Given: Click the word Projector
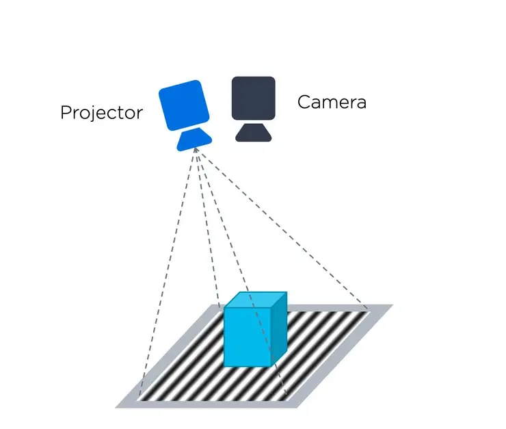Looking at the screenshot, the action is (101, 113).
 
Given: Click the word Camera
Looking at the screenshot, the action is (332, 102).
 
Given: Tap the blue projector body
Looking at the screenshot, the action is (184, 105).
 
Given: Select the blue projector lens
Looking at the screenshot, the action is (194, 139).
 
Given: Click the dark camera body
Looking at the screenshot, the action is (253, 98).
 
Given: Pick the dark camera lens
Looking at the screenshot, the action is (253, 132).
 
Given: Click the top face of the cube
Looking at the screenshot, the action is (255, 300).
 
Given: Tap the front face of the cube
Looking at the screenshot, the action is (248, 337).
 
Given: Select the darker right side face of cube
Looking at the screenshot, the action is (279, 328).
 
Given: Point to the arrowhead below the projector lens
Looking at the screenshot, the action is (196, 150).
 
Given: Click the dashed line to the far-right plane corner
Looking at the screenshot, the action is (281, 228).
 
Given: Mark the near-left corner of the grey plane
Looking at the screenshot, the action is (116, 408).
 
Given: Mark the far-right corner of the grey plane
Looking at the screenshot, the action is (393, 304).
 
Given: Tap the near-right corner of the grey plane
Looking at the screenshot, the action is (297, 408).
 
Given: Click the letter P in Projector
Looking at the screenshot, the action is (66, 112).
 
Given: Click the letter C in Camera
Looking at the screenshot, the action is (304, 102).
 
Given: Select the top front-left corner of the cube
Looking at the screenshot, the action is (224, 308).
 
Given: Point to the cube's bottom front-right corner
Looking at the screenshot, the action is (271, 367).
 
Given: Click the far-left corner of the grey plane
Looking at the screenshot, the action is (211, 304).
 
